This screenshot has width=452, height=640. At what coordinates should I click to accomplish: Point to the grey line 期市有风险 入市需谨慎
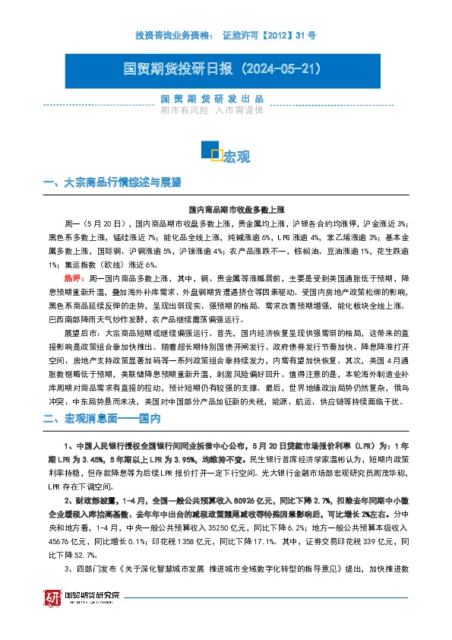pyautogui.click(x=212, y=110)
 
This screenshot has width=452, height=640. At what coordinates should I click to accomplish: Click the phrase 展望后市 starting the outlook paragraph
pyautogui.click(x=80, y=332)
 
